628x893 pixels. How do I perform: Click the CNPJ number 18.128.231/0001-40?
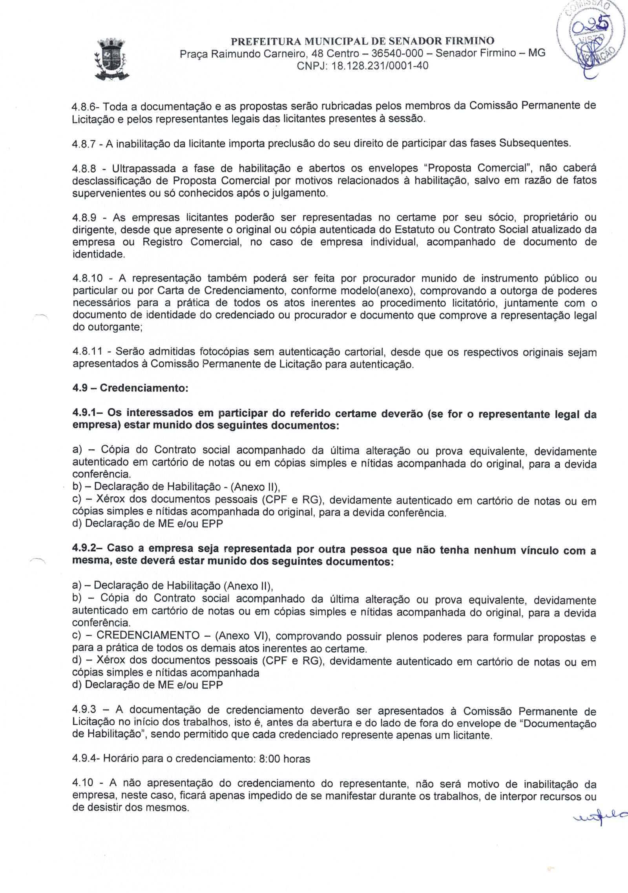pos(380,66)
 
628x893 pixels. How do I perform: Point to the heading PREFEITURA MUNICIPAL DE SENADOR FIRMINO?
pos(362,41)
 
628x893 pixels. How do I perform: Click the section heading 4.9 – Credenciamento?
pos(131,388)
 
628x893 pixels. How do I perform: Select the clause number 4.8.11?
pos(87,352)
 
